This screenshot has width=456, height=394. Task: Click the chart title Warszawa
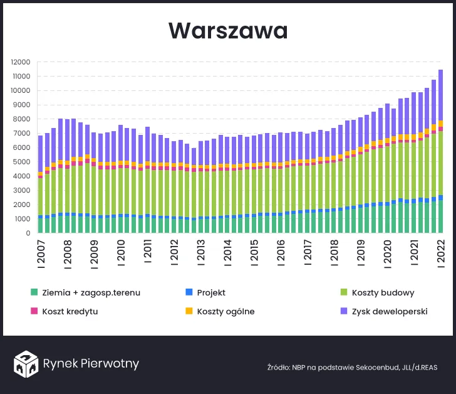228,30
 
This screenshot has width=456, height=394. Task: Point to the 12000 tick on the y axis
21,62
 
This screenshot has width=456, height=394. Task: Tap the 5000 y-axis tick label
23,162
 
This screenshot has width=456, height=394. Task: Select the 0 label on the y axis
28,233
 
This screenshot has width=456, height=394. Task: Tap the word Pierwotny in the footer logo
111,364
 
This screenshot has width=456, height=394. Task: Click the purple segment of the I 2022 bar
441,95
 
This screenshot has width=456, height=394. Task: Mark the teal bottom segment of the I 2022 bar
441,217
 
